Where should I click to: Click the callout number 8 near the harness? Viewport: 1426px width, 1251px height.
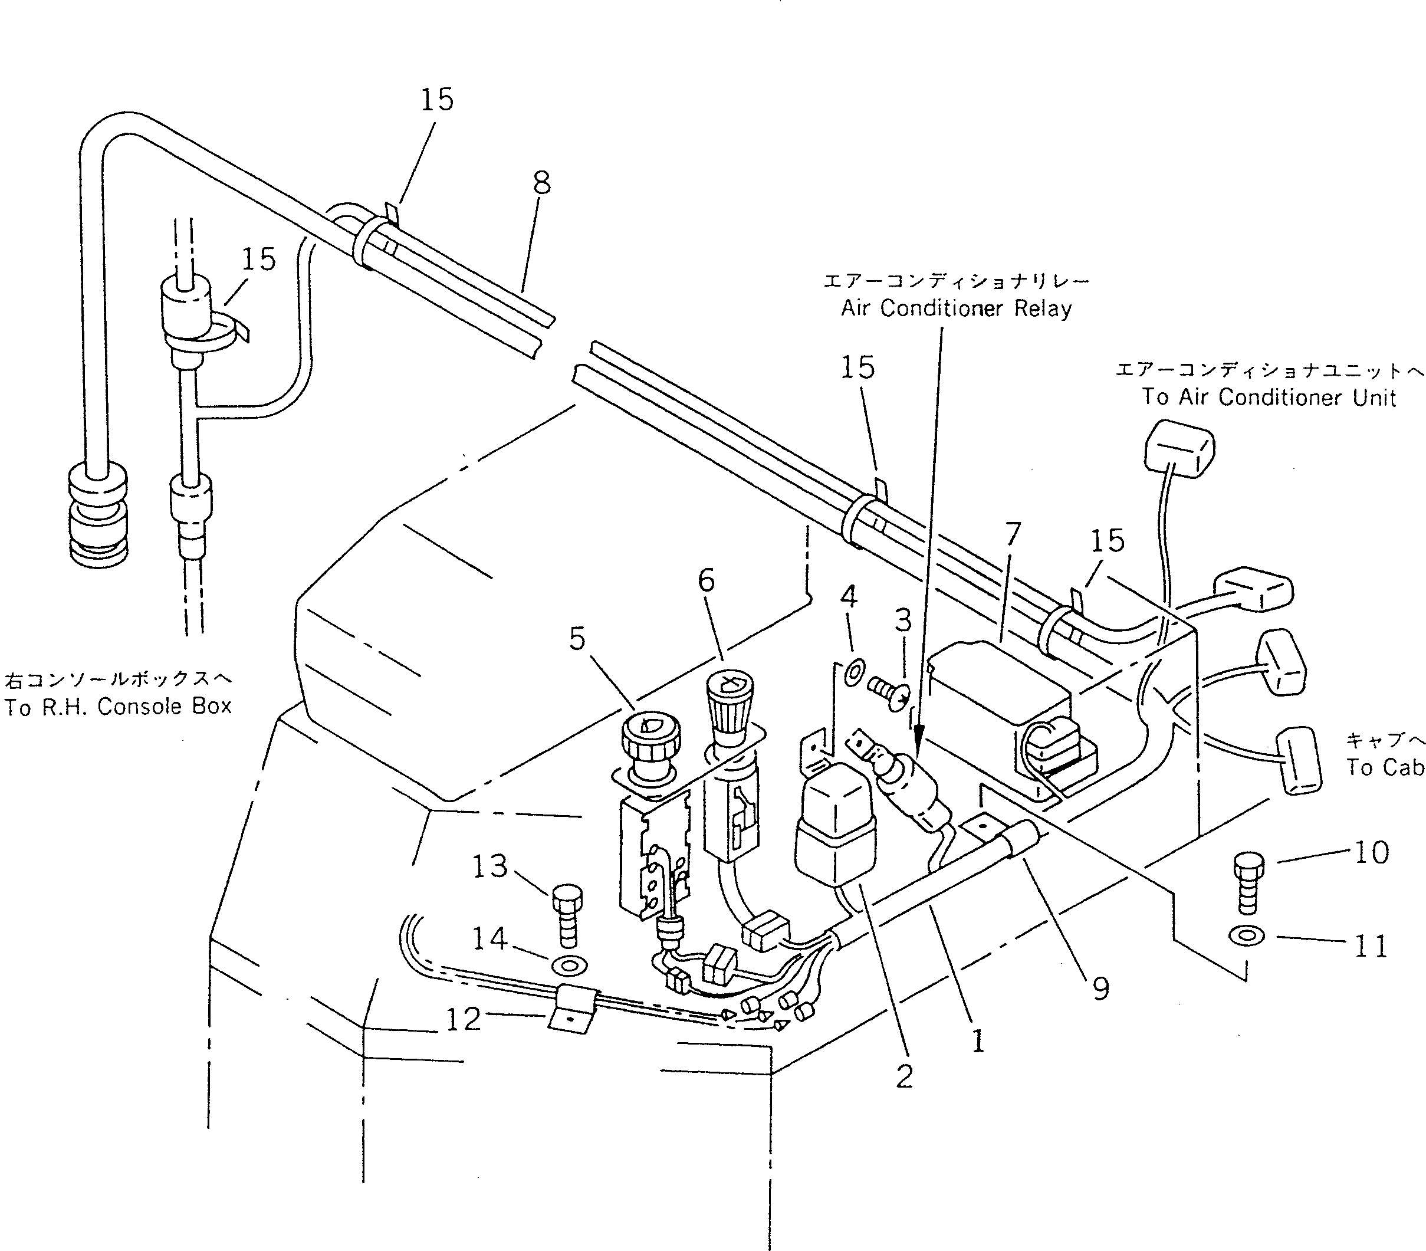(541, 183)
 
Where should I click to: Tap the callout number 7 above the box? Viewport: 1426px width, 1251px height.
(1012, 534)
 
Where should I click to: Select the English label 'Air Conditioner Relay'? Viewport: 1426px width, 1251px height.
(956, 308)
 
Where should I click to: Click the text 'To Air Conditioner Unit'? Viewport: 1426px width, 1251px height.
(1269, 397)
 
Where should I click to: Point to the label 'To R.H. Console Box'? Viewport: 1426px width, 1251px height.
(118, 706)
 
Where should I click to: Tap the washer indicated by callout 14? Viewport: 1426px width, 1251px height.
(569, 966)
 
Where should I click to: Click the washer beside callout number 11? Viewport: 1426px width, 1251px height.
(1247, 936)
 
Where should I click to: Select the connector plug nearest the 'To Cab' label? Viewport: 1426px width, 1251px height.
(1299, 760)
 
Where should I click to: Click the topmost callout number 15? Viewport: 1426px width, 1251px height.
(437, 99)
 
